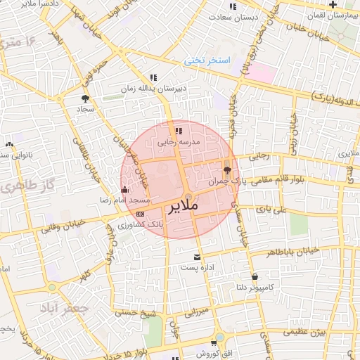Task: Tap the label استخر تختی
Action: click(208, 60)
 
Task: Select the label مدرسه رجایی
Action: click(179, 142)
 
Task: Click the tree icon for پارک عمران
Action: click(226, 169)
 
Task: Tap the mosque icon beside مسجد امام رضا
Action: click(125, 189)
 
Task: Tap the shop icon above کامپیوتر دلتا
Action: click(254, 276)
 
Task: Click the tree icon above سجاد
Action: click(85, 98)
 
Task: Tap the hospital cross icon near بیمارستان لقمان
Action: click(350, 4)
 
